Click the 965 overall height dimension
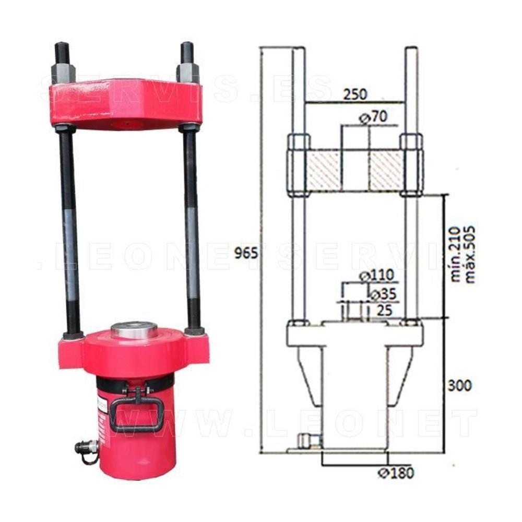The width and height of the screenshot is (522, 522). point(246,253)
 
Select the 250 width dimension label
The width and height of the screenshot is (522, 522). point(355,94)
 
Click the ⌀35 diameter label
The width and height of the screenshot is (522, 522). point(383,294)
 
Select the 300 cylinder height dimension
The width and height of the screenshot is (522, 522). point(459,385)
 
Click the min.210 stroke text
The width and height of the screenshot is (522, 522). point(455,254)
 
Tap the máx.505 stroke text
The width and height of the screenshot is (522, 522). point(469,254)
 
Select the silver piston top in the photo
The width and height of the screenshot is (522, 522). point(134,331)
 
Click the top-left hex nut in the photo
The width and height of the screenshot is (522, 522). point(63,73)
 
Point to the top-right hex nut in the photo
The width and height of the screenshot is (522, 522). point(188,73)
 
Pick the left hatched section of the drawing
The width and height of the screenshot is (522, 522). point(324,171)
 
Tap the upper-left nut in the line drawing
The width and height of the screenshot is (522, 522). point(299,142)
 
